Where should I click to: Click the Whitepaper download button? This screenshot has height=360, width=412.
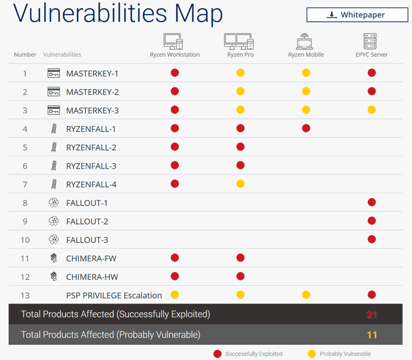coord(358,15)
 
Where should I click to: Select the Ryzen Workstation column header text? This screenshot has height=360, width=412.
coord(175,55)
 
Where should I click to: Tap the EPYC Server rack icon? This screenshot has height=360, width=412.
coord(371,41)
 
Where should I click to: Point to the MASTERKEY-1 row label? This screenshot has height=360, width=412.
coord(92,74)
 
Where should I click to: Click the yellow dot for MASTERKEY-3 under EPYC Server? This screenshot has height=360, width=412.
coord(371,110)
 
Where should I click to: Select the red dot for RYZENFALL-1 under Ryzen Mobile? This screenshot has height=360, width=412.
coord(306,128)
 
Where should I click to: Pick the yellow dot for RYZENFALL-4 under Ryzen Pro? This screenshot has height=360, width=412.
coord(240,184)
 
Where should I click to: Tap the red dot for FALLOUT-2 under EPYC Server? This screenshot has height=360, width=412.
coord(371,221)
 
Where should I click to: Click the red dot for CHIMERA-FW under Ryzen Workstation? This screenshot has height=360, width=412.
coord(175,257)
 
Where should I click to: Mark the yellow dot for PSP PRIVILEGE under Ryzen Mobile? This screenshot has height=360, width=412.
coord(306,295)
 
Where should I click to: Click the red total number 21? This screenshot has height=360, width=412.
coord(371,315)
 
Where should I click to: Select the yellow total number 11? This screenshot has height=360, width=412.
coord(371,335)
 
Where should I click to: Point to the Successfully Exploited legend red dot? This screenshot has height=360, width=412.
coord(218,354)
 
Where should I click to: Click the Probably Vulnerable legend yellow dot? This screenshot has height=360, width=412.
coord(311,354)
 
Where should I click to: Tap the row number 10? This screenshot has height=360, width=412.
coord(25,240)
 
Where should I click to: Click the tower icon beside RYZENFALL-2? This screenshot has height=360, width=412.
coord(54,147)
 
